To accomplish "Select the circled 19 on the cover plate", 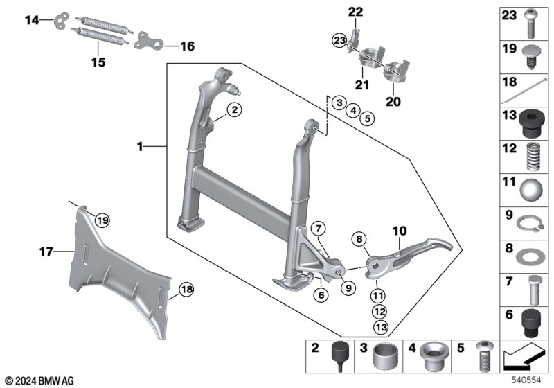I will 102,220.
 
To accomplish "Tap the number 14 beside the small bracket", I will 32,21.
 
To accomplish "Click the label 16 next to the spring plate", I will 188,46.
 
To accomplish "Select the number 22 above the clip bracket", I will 355,11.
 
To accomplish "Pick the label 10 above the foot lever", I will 400,230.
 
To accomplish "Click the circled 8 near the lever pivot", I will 359,240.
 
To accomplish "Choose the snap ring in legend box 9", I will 528,222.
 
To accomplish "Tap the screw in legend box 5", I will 482,358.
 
